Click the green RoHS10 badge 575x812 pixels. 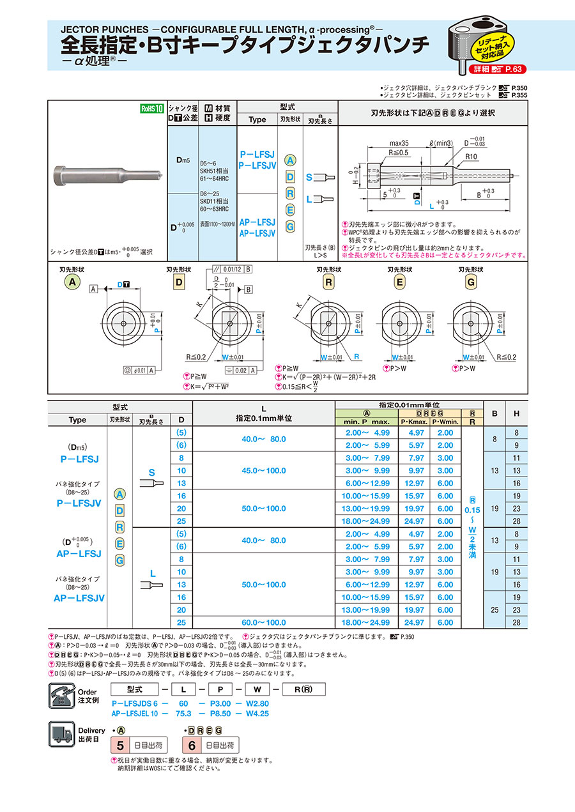153,109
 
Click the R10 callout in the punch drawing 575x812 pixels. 471,155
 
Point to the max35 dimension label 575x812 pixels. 399,144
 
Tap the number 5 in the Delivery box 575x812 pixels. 119,745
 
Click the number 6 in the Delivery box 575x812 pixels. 191,745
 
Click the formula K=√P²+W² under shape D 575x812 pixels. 208,386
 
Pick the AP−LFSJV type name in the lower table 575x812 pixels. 79,598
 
